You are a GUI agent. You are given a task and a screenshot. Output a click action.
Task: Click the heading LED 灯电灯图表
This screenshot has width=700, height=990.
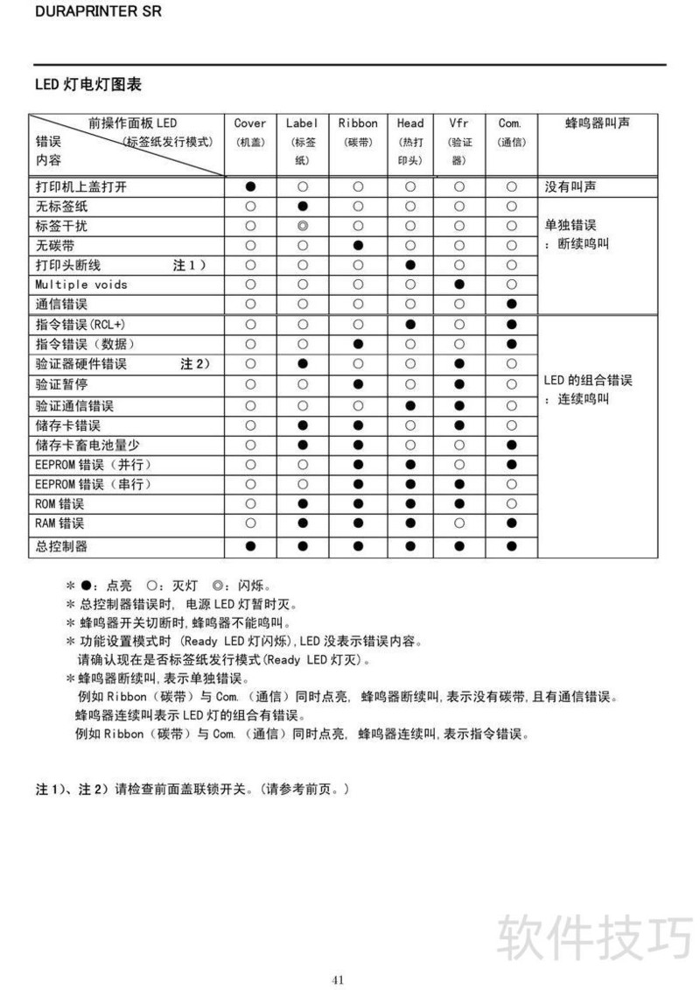[x=87, y=85]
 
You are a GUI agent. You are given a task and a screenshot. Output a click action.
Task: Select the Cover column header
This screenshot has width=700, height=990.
[x=250, y=123]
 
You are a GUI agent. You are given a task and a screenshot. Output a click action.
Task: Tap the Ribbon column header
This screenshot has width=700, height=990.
[x=358, y=123]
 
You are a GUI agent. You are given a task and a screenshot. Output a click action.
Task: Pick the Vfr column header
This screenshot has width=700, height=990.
[x=459, y=123]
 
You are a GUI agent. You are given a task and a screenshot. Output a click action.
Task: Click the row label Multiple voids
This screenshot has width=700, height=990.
[x=81, y=284]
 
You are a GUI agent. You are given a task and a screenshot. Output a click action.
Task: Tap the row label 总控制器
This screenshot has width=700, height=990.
[x=61, y=546]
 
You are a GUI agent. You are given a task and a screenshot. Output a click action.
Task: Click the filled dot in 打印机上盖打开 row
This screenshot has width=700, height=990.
[x=250, y=186]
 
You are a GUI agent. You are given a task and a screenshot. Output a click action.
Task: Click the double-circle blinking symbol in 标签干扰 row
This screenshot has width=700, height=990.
[x=303, y=226]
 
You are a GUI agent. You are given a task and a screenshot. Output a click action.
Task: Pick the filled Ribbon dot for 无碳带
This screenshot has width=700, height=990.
[x=358, y=245]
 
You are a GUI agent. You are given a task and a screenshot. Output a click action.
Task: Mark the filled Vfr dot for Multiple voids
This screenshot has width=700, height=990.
[x=459, y=284]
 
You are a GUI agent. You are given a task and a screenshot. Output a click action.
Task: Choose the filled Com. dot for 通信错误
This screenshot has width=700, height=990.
[x=511, y=304]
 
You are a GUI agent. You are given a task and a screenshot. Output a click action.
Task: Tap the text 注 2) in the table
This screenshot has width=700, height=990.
[x=195, y=363]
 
